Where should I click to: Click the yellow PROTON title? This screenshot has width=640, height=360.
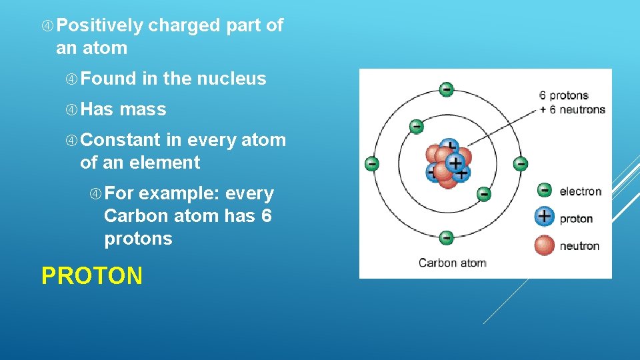coord(92,275)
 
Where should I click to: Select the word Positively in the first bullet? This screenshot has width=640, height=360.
coord(100,25)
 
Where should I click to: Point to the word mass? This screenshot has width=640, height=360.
coord(143,109)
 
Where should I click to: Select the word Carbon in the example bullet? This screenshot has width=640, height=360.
coord(137,216)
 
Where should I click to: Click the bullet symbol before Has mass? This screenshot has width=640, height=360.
coord(71,109)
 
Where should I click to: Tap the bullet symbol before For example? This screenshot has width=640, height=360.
coord(96,194)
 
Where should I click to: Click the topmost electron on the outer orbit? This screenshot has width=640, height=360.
coord(447,89)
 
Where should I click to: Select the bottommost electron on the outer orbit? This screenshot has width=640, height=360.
coord(447,237)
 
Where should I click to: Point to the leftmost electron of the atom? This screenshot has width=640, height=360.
coord(372,163)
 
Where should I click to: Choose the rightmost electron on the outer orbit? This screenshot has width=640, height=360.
coord(521,163)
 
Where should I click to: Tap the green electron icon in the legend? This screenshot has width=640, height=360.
coord(545,191)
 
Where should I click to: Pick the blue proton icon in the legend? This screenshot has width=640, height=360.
coord(545,217)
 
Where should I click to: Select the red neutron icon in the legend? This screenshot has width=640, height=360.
coord(545,245)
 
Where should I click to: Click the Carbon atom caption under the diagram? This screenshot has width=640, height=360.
coord(453,263)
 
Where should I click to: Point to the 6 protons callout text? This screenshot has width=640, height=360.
coord(564,96)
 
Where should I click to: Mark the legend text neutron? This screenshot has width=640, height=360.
coord(579,246)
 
